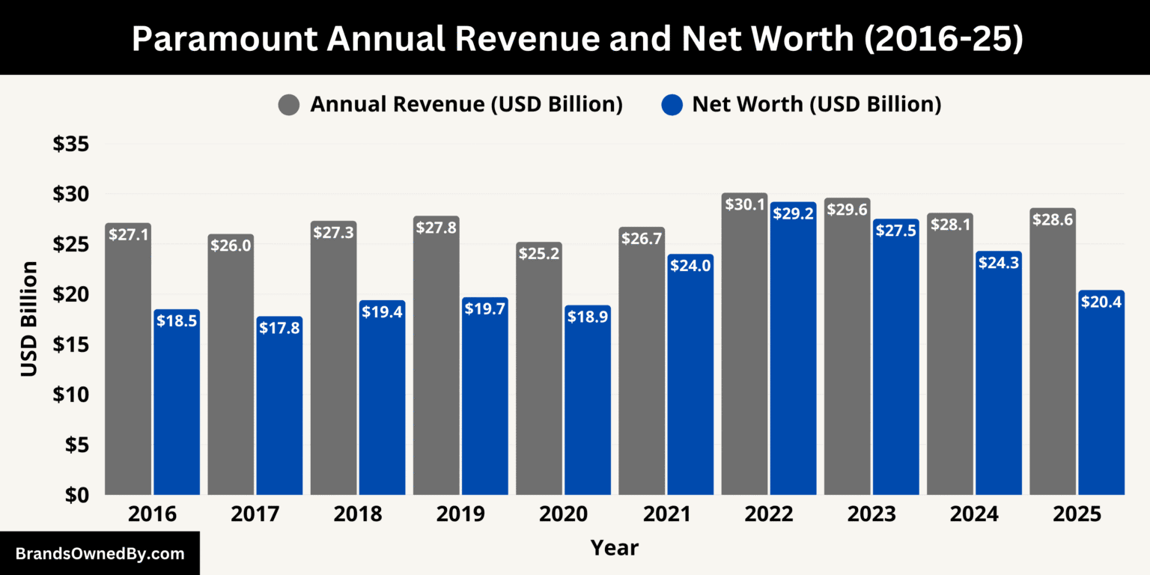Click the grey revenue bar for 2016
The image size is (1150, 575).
click(128, 359)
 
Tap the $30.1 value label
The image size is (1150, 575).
click(744, 204)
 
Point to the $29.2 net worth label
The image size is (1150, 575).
click(793, 213)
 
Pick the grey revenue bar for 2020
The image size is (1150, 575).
click(539, 374)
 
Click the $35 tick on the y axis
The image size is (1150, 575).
click(71, 144)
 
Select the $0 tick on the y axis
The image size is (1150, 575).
click(76, 495)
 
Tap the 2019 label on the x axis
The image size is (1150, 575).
click(460, 515)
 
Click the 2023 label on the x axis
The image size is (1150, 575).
click(871, 515)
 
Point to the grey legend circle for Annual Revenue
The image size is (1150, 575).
click(289, 105)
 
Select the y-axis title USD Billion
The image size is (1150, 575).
click(29, 318)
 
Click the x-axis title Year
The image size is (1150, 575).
click(614, 548)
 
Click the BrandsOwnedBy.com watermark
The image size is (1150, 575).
click(100, 554)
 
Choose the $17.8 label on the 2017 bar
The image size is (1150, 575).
click(279, 327)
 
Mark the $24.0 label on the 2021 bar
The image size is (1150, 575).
click(690, 265)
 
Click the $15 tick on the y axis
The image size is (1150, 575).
click(71, 344)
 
